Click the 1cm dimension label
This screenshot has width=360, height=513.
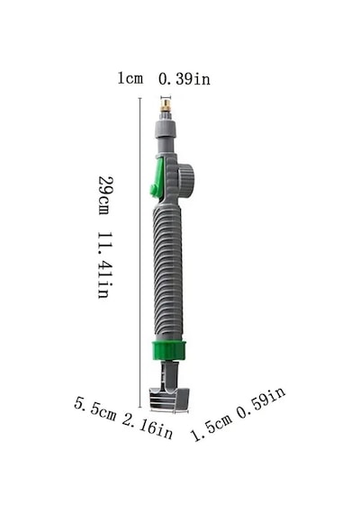tap(130, 78)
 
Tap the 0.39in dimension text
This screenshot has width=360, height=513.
tap(184, 79)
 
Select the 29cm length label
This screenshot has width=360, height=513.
tap(105, 195)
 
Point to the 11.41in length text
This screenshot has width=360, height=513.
tap(105, 265)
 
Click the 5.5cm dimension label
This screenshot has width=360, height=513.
tap(95, 409)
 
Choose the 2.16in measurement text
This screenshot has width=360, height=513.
tap(148, 427)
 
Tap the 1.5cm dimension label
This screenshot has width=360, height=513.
tap(211, 427)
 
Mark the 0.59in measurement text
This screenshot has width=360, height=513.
tap(261, 402)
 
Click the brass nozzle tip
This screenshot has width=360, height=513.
tap(166, 106)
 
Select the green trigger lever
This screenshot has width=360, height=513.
tap(157, 180)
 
